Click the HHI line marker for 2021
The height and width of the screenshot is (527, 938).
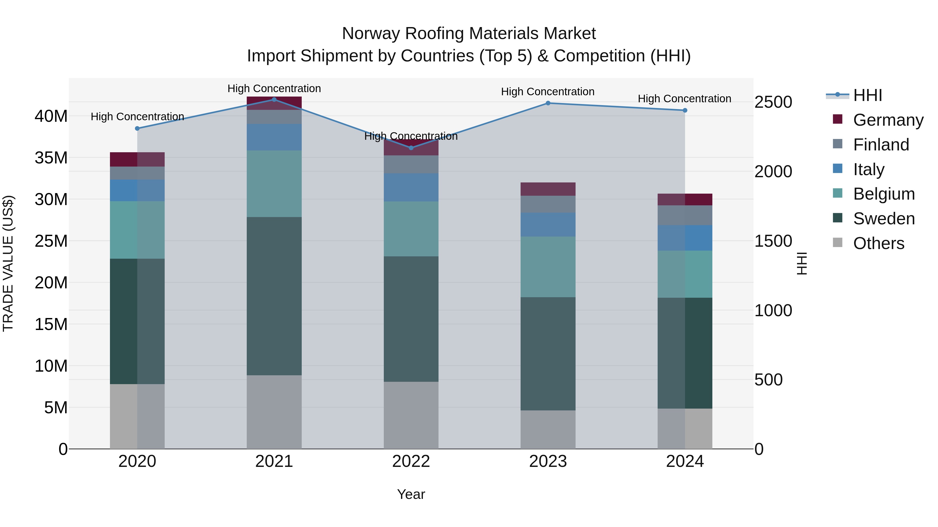click(274, 99)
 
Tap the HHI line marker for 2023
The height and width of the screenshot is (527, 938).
click(548, 103)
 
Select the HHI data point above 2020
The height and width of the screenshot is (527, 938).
click(137, 128)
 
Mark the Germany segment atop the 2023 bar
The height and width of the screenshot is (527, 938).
click(548, 189)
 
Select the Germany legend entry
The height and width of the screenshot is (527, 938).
click(888, 120)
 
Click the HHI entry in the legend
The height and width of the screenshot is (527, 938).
click(867, 95)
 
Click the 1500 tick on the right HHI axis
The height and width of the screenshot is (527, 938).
click(773, 241)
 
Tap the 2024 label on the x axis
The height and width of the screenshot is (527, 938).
click(684, 461)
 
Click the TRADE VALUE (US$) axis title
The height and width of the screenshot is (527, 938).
click(8, 263)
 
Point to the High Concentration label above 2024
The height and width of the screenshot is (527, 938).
click(684, 99)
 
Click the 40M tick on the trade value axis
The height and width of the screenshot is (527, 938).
click(51, 116)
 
